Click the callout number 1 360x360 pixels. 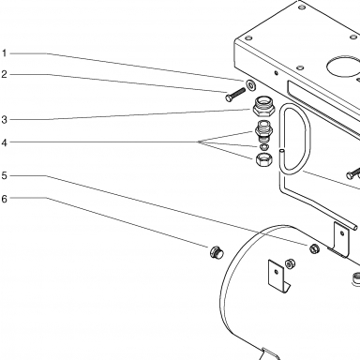click(x=4, y=53)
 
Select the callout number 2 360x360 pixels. click(x=4, y=74)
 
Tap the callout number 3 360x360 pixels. click(x=4, y=119)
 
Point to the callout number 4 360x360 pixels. click(x=4, y=142)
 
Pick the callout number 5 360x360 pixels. click(x=4, y=175)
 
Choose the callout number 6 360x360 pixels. click(x=4, y=199)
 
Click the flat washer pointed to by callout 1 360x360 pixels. click(x=250, y=85)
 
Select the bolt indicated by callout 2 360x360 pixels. click(x=235, y=94)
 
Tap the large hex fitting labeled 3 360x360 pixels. click(x=263, y=106)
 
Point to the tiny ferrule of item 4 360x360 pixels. click(x=264, y=146)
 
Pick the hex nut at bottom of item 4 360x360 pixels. click(x=264, y=159)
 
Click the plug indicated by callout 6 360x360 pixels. click(x=217, y=252)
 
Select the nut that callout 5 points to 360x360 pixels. click(x=314, y=248)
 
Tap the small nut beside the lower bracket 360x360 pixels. click(x=290, y=263)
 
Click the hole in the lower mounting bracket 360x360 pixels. click(x=276, y=272)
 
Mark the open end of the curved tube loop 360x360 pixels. click(x=281, y=151)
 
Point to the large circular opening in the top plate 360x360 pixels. click(x=343, y=67)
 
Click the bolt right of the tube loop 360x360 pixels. click(x=353, y=173)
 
